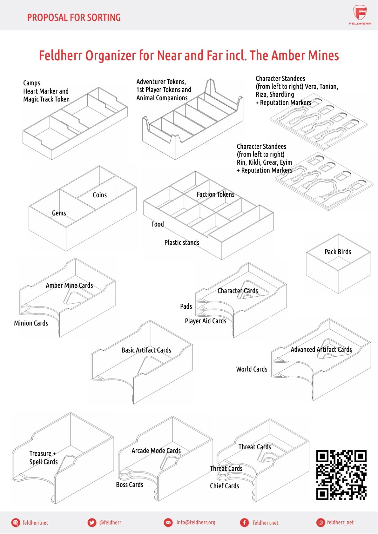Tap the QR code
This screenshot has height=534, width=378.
point(341,475)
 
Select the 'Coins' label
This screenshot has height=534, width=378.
point(99,195)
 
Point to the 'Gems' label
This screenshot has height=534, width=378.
point(59,213)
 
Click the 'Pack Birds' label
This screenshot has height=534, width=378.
point(338,252)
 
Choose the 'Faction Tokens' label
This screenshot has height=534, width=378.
point(215,194)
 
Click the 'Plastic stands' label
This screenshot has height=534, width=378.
point(182,243)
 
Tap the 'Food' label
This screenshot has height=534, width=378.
point(158,224)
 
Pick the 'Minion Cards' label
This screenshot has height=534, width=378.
point(31,323)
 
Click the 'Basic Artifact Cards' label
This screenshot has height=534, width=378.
point(146,350)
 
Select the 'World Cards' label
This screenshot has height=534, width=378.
point(252,369)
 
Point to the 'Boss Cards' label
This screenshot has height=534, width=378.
point(129,485)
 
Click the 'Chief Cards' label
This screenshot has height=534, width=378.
point(224,486)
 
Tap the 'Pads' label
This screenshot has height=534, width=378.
point(186,307)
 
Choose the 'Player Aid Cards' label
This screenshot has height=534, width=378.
point(206,321)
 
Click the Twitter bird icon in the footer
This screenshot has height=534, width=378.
point(92,523)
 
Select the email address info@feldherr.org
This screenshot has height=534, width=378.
point(196,522)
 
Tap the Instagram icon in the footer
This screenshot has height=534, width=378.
point(321,523)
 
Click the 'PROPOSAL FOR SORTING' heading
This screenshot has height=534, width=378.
point(74,17)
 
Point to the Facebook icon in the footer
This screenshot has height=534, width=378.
point(244,523)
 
